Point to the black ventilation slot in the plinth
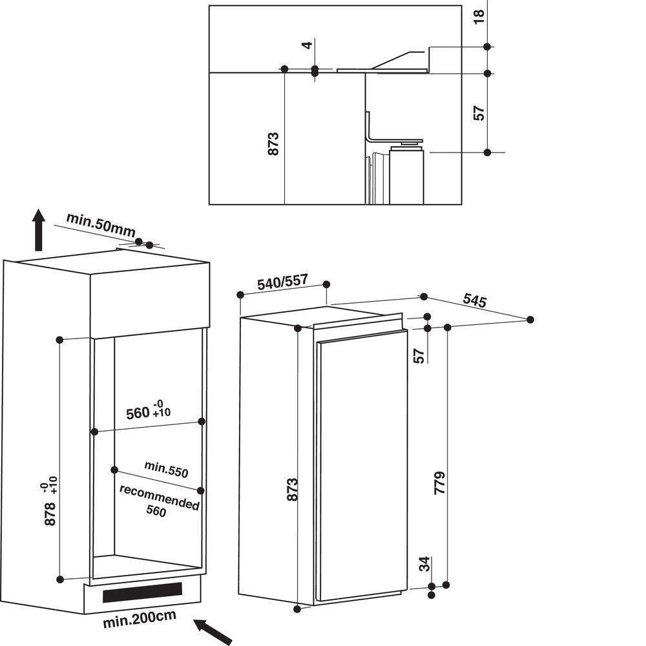pos(141,590)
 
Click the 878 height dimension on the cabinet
pos(50,503)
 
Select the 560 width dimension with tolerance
pos(149,412)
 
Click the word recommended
pos(159,497)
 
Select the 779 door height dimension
pos(441,482)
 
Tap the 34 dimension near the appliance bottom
pos(424,564)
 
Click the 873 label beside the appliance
pos(293,490)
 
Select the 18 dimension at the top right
pos(478,17)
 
